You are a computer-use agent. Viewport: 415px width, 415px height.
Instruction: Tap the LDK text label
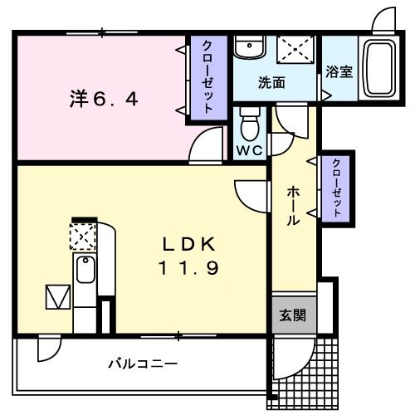[188, 244]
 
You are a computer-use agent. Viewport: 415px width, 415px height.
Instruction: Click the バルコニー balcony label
[142, 364]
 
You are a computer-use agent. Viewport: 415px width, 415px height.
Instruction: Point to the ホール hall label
[293, 205]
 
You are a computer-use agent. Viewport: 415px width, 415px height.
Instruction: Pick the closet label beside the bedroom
[206, 76]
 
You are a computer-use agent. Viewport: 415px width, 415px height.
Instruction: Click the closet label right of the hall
[337, 188]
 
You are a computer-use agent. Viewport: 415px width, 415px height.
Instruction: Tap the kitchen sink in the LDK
[85, 271]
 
